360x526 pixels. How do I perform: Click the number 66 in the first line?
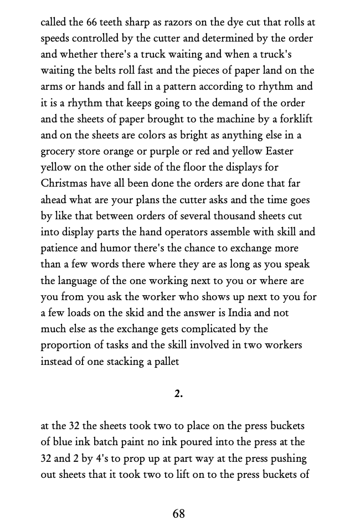click(92, 23)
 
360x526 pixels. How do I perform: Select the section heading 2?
click(178, 394)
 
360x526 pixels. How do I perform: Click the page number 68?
click(178, 514)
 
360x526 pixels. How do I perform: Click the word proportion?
click(66, 345)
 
